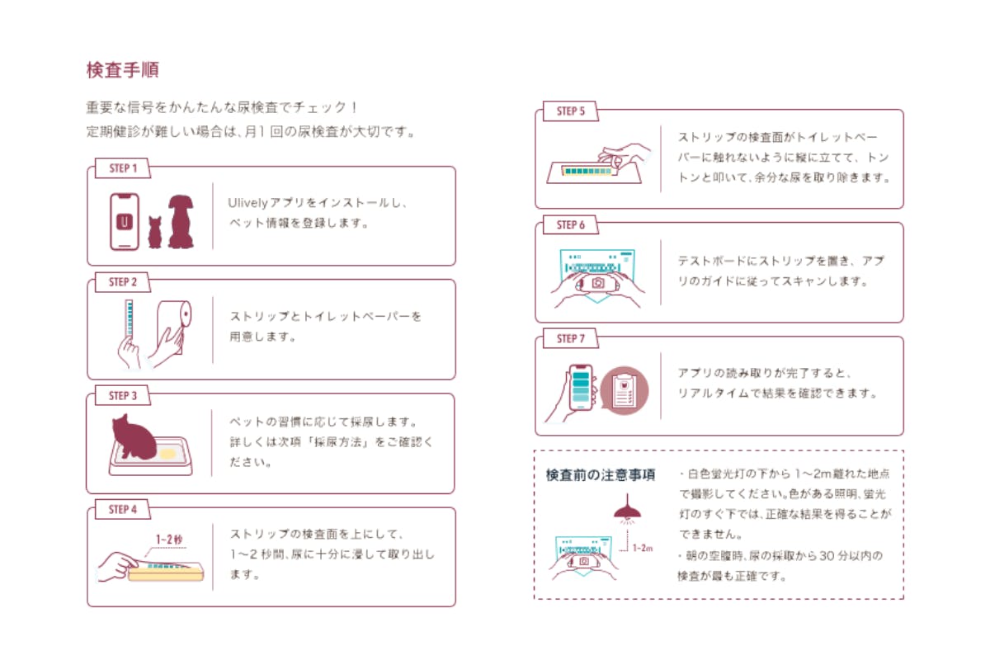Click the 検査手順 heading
[122, 70]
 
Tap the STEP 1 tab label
[123, 168]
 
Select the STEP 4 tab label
[123, 510]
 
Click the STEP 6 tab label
[571, 225]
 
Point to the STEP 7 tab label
[571, 338]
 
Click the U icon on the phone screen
[125, 222]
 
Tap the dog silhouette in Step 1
[181, 221]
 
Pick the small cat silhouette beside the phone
[155, 232]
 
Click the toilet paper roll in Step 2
[175, 326]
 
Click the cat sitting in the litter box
[134, 436]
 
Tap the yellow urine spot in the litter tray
[168, 454]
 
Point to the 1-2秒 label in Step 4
[169, 540]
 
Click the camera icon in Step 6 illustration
[598, 283]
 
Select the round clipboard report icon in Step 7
[624, 390]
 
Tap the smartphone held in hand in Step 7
[581, 388]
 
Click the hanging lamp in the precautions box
[627, 508]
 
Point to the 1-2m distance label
[643, 548]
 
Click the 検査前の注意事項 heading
[601, 475]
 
